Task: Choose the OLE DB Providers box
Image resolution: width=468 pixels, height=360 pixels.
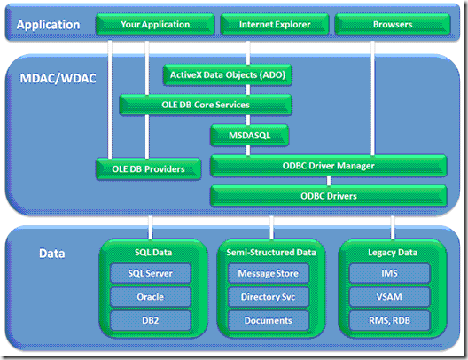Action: tap(148, 167)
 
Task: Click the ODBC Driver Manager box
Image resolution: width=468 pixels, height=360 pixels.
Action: tap(328, 165)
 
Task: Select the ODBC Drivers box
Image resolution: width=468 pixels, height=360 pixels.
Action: tap(328, 195)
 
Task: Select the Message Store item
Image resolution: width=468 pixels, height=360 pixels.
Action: tap(268, 274)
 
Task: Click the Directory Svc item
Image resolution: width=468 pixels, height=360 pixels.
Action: tap(268, 297)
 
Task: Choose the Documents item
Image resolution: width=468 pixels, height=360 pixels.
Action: tap(268, 320)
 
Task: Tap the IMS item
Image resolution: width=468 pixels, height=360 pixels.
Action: tap(388, 274)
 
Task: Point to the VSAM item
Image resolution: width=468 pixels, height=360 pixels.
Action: tap(388, 297)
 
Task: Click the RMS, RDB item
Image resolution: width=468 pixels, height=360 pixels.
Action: tap(388, 320)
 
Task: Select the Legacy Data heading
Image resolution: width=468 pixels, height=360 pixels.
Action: tap(388, 252)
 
